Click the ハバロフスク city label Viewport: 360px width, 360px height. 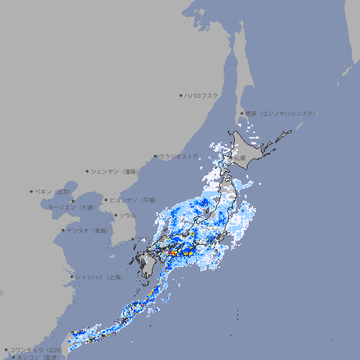202,95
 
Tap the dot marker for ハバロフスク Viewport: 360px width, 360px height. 181,95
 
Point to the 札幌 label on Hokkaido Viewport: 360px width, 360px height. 240,158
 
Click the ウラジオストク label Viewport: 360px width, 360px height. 179,156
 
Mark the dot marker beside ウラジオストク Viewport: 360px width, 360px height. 155,156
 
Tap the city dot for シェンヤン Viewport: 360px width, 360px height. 87,171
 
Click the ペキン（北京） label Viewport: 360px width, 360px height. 54,191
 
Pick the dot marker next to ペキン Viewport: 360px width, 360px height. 32,191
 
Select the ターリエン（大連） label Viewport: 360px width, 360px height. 70,207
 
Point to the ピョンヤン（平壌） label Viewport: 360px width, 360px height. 134,200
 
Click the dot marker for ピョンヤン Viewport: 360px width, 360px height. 106,200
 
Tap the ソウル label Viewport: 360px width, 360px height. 127,215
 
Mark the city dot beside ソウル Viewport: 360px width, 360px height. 115,215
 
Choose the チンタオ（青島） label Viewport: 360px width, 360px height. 88,230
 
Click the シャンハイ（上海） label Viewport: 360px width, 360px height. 98,277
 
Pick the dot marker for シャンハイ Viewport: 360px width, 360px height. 72,277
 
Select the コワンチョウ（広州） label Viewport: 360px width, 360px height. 36,349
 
